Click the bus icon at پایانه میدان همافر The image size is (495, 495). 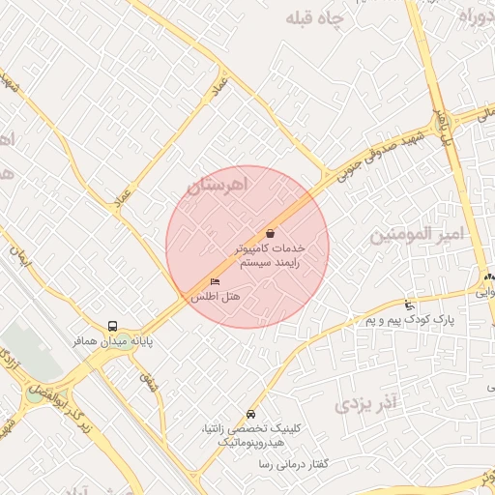tap(113, 327)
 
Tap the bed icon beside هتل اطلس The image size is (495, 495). tap(215, 281)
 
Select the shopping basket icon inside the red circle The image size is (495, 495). tap(269, 233)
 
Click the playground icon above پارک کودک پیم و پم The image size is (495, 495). tap(409, 305)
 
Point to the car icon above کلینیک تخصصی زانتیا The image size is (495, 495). tap(251, 413)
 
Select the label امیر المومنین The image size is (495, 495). tap(418, 234)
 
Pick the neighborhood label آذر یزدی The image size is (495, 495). tap(366, 402)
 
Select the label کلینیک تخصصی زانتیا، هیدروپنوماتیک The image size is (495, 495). tap(250, 433)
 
